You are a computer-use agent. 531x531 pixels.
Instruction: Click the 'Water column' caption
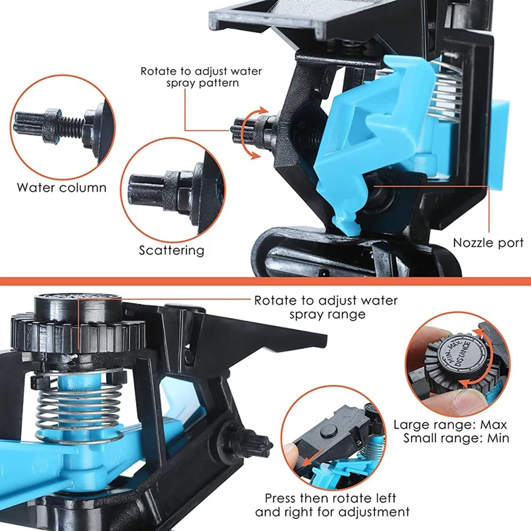62,187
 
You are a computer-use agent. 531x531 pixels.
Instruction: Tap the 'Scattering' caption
171,250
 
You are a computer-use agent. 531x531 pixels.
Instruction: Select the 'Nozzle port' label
488,243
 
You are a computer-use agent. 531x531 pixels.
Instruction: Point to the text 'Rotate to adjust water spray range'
326,307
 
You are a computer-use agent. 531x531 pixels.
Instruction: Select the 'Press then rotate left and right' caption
332,505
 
